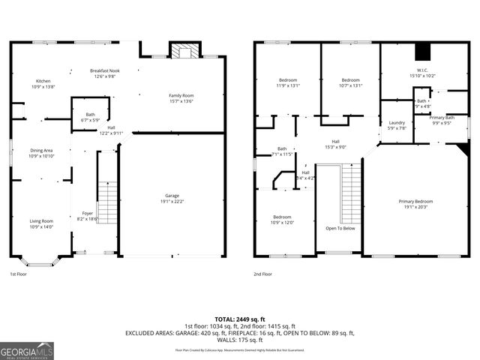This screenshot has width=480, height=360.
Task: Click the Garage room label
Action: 172,198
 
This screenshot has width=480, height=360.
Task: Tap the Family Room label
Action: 181,98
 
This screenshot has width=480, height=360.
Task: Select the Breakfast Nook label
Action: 105,73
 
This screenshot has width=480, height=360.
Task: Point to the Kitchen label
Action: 43,84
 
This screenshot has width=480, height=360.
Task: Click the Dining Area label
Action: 42,153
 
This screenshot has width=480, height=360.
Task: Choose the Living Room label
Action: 41,223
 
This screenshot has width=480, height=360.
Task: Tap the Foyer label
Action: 88,216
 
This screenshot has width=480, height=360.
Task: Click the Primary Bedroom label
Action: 415,204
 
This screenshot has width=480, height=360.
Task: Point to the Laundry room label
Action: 397,125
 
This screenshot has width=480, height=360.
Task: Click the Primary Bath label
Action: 441,120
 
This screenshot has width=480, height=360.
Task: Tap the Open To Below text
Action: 340,228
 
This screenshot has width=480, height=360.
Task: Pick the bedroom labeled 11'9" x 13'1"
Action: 289,82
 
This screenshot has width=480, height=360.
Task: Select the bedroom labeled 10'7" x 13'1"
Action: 351,82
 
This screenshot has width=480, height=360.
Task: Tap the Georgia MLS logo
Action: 27,351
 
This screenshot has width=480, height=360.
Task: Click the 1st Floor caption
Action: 20,274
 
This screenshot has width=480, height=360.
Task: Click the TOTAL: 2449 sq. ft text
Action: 240,319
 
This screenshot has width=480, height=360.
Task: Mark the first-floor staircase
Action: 109,202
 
